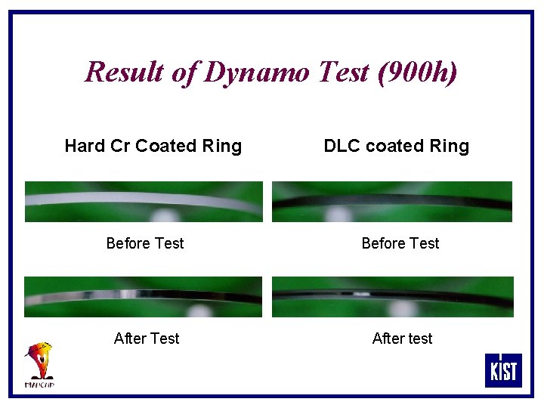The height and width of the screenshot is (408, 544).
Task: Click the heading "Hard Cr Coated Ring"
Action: click(x=153, y=146)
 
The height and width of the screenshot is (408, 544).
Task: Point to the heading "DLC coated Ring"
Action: click(x=396, y=146)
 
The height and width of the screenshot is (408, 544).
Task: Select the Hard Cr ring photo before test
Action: click(x=144, y=201)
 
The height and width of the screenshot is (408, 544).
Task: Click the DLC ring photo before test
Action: click(x=392, y=201)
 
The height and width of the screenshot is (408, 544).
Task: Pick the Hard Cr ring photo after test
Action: click(x=144, y=296)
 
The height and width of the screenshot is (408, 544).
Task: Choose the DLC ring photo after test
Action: click(x=392, y=296)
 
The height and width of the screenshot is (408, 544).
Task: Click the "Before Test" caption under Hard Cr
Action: click(x=145, y=243)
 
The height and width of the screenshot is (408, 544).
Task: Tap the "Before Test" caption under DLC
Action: click(x=400, y=243)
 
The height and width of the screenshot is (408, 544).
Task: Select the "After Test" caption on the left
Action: click(x=147, y=338)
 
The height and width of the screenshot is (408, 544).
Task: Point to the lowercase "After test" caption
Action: click(x=402, y=338)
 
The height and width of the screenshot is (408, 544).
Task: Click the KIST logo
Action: click(x=502, y=370)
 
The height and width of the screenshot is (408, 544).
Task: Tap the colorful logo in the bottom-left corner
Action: click(x=40, y=364)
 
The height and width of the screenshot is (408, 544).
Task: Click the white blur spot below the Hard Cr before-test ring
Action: click(x=165, y=215)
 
